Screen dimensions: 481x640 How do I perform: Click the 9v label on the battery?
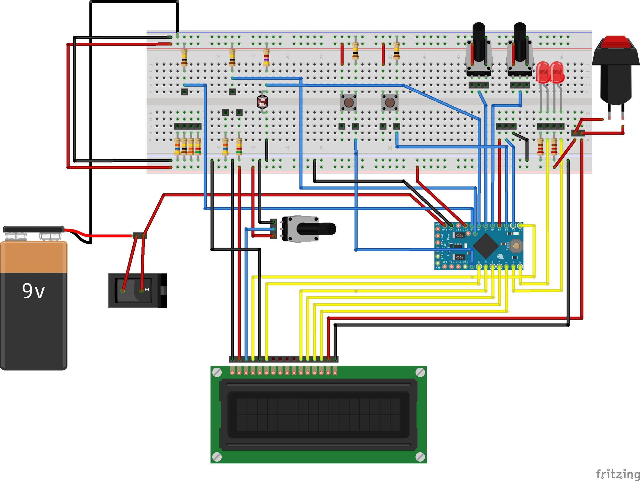tap(33, 291)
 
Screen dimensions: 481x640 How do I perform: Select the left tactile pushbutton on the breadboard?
tap(349, 102)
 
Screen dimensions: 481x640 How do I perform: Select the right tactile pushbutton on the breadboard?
tap(390, 102)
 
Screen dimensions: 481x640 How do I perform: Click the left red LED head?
tap(543, 71)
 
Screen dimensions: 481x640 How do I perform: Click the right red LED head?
tap(557, 71)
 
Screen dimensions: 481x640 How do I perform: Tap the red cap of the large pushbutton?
tap(616, 42)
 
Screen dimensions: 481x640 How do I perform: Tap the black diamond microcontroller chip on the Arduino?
tap(486, 246)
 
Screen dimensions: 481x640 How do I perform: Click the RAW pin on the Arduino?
tap(445, 225)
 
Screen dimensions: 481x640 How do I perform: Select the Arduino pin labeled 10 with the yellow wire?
tap(520, 225)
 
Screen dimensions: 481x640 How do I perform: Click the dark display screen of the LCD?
tap(318, 414)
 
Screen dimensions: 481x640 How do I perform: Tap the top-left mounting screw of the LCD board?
tap(217, 372)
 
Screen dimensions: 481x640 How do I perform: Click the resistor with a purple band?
tap(266, 57)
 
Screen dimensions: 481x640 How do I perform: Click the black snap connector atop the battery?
tap(33, 229)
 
